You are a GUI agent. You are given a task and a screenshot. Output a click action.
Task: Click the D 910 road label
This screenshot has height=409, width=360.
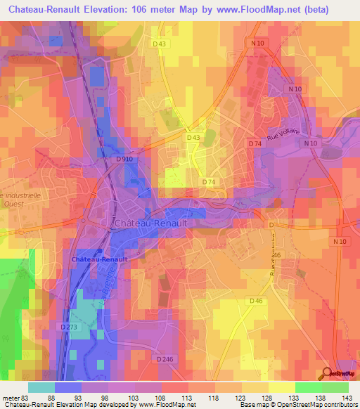pyautogui.click(x=124, y=160)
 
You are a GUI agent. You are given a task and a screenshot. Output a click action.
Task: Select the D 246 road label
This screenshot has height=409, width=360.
pyautogui.click(x=165, y=359)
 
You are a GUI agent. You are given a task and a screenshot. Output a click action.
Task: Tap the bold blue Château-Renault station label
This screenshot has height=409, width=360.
pyautogui.click(x=98, y=259)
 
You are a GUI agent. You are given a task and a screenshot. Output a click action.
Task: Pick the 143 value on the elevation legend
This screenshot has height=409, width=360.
pyautogui.click(x=347, y=398)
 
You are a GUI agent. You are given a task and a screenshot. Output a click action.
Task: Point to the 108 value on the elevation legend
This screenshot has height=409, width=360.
pyautogui.click(x=161, y=398)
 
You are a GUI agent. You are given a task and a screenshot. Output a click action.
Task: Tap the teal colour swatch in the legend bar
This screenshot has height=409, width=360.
pyautogui.click(x=41, y=387)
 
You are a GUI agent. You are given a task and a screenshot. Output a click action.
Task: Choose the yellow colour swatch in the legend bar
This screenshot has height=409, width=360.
pyautogui.click(x=281, y=387)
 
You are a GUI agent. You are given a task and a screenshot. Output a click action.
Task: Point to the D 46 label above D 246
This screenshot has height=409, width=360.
pyautogui.click(x=256, y=301)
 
